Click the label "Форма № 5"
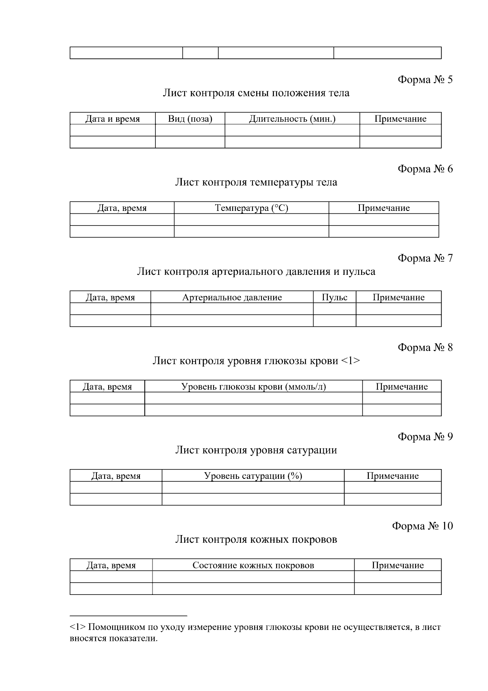[x=425, y=79]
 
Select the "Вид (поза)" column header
[x=190, y=119]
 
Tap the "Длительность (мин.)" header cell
[x=292, y=119]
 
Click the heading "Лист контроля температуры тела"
[x=256, y=182]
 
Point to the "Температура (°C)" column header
[x=251, y=208]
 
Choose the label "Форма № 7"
[x=425, y=258]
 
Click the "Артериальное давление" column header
[x=232, y=297]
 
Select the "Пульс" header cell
[x=334, y=297]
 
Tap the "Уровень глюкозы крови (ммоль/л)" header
[x=253, y=386]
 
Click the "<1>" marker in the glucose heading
[x=350, y=361]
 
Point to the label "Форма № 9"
[x=425, y=437]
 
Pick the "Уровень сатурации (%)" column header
[x=253, y=476]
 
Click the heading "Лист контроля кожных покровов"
[x=256, y=540]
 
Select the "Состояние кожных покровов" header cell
[x=253, y=565]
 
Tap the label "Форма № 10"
[x=422, y=526]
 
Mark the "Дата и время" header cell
[x=112, y=119]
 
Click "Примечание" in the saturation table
[x=392, y=476]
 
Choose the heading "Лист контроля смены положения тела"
[x=256, y=93]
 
